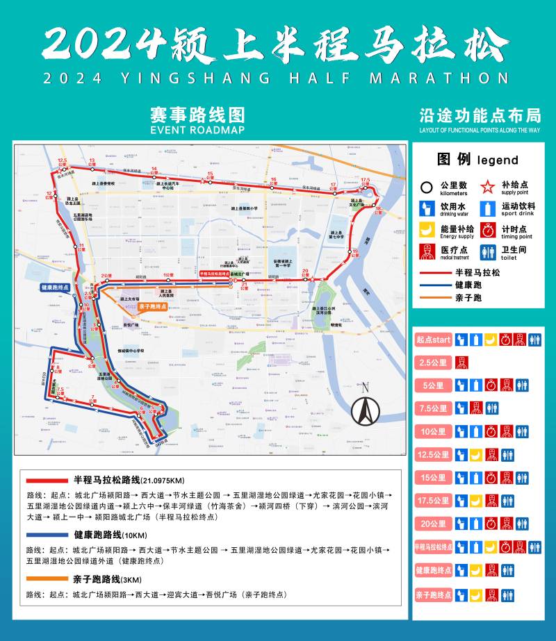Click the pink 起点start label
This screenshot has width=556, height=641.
[433, 340]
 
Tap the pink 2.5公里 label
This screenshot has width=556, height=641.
[433, 363]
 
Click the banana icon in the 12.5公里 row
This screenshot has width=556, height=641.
[476, 455]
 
